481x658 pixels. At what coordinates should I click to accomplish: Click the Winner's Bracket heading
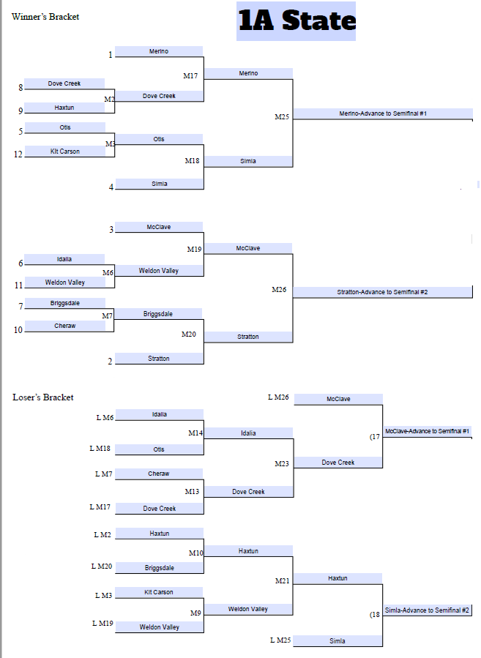pos(45,17)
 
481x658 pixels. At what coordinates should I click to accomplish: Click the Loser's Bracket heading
pos(43,397)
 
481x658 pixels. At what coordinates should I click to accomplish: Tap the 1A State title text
pos(296,20)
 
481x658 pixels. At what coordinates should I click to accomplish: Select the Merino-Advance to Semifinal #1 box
pos(383,113)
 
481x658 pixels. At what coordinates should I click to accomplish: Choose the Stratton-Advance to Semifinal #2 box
pos(382,292)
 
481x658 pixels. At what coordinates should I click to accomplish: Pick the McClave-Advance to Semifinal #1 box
pos(427,431)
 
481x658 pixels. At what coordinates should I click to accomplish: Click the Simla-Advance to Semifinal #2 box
pos(427,610)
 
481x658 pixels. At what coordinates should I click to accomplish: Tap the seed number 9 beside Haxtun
pos(20,111)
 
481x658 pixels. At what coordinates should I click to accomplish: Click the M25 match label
pos(282,116)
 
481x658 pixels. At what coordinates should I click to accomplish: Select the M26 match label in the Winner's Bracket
pos(279,290)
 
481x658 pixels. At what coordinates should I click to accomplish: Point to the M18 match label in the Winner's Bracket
pos(192,160)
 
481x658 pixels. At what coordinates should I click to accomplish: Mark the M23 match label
pos(282,463)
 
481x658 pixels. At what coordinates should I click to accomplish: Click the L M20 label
pos(102,566)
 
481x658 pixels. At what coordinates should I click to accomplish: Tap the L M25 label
pos(280,640)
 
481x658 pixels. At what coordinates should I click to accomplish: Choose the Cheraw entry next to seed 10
pos(64,326)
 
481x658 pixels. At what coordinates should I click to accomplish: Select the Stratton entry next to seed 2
pos(159,359)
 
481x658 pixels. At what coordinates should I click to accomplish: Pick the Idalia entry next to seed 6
pos(64,259)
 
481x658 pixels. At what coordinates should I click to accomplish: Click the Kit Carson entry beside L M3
pos(159,592)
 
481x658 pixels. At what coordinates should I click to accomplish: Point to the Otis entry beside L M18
pos(159,449)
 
